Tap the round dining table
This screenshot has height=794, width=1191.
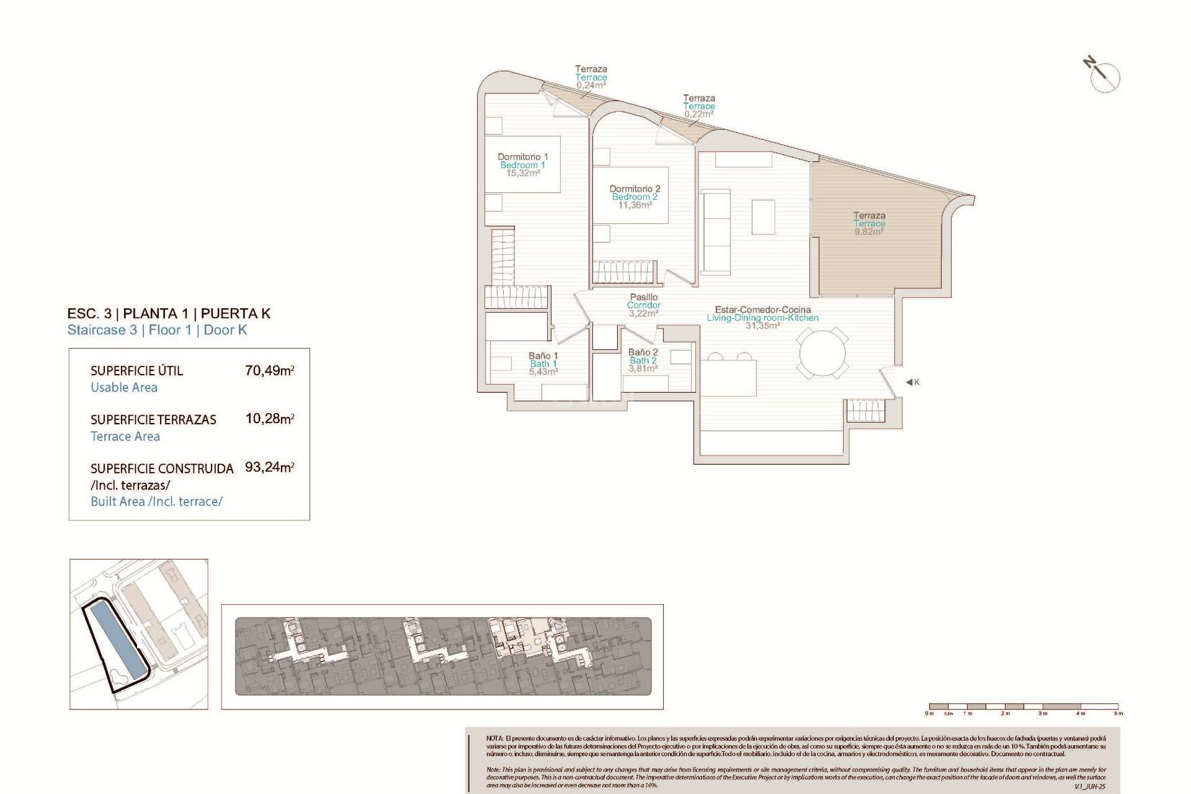822,354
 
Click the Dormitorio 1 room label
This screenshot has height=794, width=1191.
522,157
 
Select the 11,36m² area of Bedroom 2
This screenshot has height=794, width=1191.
635,205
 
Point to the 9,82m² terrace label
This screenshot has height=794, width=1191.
868,232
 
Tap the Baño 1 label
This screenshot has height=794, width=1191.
543,356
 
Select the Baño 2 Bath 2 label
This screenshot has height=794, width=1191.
643,356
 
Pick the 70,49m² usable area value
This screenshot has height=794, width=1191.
269,371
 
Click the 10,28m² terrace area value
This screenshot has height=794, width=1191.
269,419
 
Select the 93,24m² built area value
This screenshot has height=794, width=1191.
269,467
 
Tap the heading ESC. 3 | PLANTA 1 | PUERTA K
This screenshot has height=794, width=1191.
169,313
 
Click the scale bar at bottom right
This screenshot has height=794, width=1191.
1024,707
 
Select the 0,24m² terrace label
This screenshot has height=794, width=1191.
591,86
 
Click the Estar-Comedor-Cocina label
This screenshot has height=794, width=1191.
762,310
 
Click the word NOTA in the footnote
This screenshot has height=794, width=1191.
494,739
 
